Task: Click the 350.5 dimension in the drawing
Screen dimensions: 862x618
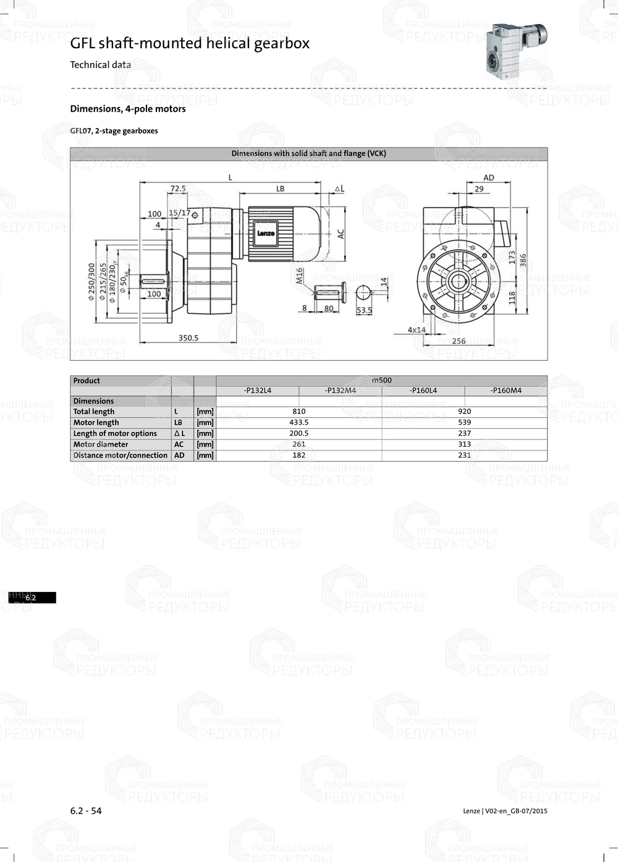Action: tap(188, 338)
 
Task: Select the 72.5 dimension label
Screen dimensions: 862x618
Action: tap(178, 188)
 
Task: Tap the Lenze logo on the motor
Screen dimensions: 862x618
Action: tap(266, 234)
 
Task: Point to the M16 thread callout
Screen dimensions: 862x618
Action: tap(300, 276)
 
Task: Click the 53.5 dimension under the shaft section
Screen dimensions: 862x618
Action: tap(365, 310)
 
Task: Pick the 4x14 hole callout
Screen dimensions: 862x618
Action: tap(417, 330)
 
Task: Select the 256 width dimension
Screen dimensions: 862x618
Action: tap(459, 341)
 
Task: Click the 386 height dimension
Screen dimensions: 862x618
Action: tap(523, 261)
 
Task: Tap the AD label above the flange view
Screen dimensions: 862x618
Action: tap(489, 177)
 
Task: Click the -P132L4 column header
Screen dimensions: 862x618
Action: tap(258, 391)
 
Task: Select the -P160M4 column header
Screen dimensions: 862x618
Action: tap(506, 391)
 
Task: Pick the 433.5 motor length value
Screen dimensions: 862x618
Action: tap(299, 423)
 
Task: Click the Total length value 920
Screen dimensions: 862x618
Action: tap(465, 412)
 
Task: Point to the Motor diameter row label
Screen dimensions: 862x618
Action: tap(101, 444)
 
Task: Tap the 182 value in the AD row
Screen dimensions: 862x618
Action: tap(299, 455)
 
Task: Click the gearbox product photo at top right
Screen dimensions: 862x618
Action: tap(515, 49)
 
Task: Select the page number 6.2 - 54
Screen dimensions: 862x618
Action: tap(86, 811)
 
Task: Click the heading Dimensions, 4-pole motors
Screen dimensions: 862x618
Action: tap(128, 109)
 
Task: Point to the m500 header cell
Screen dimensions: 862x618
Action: tap(382, 381)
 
